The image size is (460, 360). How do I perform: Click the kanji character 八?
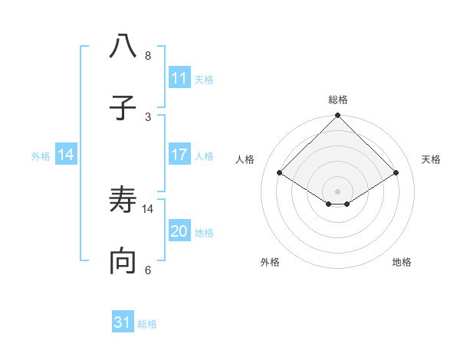[x=123, y=47]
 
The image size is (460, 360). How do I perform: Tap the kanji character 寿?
[x=123, y=201]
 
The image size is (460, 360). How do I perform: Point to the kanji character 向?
[x=123, y=263]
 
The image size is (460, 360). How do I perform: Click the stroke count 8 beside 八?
[x=148, y=56]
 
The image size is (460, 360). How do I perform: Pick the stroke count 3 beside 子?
[x=148, y=116]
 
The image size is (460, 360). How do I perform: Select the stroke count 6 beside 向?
[x=148, y=270]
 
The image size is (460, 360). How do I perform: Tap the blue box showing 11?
[x=179, y=78]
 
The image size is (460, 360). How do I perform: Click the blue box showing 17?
[x=179, y=155]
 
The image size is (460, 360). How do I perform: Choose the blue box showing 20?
[x=179, y=231]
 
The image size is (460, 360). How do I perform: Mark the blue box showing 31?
[x=123, y=323]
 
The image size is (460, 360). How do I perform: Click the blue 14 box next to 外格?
[x=66, y=155]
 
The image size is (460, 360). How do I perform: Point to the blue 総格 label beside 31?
[x=147, y=324]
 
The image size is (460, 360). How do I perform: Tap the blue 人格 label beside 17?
[x=204, y=155]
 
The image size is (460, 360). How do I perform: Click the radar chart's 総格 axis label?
[x=338, y=100]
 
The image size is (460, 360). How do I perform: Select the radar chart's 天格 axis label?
[x=432, y=159]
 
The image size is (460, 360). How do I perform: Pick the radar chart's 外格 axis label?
[x=270, y=262]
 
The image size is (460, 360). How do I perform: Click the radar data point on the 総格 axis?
[x=338, y=116]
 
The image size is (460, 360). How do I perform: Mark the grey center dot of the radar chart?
[x=338, y=191]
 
